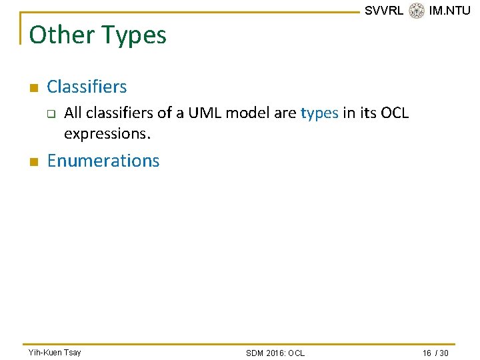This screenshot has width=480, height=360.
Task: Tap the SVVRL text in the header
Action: click(383, 11)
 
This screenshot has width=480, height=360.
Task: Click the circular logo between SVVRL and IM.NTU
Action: click(416, 11)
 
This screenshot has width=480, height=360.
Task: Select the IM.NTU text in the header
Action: click(449, 11)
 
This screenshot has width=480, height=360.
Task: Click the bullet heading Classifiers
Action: click(87, 87)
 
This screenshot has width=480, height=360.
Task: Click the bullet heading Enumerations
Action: click(103, 161)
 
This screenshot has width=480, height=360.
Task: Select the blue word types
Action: click(319, 113)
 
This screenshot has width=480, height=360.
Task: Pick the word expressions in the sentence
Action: click(107, 134)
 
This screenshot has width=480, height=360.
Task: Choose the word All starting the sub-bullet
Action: click(73, 113)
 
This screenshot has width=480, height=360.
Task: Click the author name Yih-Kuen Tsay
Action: click(55, 352)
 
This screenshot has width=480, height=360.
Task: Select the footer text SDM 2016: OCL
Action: click(275, 353)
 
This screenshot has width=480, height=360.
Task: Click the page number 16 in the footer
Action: click(427, 353)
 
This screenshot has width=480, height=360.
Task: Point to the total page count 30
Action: click(443, 353)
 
